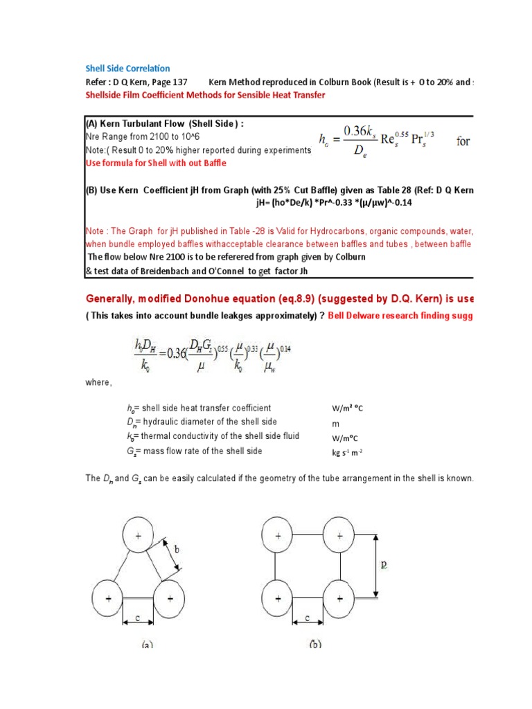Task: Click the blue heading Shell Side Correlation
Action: [127, 69]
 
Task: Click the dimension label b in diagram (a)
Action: [177, 550]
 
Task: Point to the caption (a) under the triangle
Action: [147, 644]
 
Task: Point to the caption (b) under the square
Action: [315, 644]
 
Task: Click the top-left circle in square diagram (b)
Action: [278, 536]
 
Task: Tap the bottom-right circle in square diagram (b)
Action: [339, 597]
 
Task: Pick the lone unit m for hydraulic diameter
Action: [336, 423]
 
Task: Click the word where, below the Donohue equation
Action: [99, 382]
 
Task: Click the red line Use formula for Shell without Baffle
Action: [156, 163]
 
